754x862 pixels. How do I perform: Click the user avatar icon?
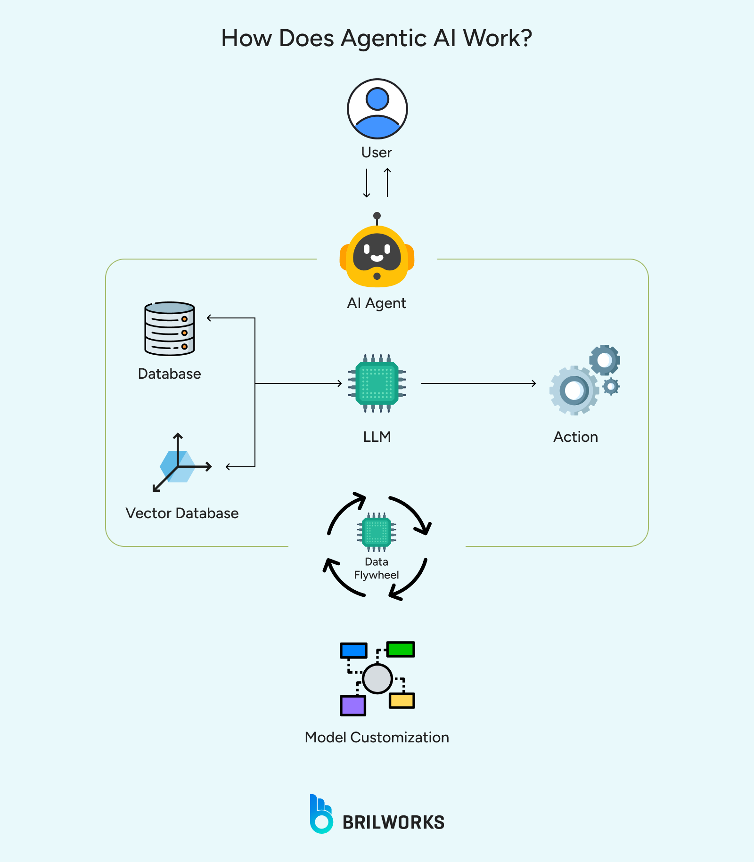click(x=377, y=109)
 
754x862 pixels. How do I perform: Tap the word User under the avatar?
click(x=376, y=152)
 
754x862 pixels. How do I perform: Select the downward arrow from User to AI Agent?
click(x=367, y=183)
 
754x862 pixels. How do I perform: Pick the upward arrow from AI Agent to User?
click(x=387, y=183)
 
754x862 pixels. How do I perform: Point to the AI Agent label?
click(x=376, y=303)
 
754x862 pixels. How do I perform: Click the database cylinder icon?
click(x=170, y=328)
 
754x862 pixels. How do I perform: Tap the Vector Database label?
click(x=182, y=513)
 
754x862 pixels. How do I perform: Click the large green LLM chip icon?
click(x=377, y=383)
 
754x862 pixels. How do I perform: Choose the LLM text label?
click(x=377, y=437)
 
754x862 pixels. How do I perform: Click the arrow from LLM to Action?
click(x=478, y=383)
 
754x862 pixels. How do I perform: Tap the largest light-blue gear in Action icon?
click(x=574, y=390)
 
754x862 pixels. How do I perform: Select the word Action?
click(x=575, y=437)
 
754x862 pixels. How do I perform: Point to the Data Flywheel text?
click(x=376, y=568)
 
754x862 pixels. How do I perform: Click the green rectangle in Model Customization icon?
click(x=401, y=649)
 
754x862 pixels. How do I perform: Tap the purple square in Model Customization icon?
click(x=353, y=705)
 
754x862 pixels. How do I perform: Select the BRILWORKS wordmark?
click(x=393, y=822)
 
